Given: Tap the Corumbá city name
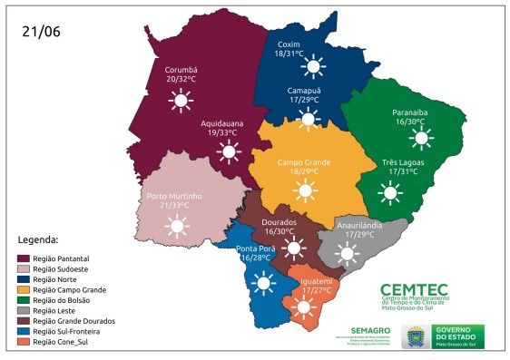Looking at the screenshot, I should tap(181, 70).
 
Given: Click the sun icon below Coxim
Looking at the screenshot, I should tap(314, 65).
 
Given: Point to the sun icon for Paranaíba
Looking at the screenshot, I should tap(420, 138).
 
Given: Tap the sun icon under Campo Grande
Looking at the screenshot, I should tap(304, 190).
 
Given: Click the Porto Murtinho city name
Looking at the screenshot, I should tap(173, 195).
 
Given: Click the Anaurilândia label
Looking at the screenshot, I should tap(359, 224).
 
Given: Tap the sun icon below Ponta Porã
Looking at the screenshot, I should tap(263, 284).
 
